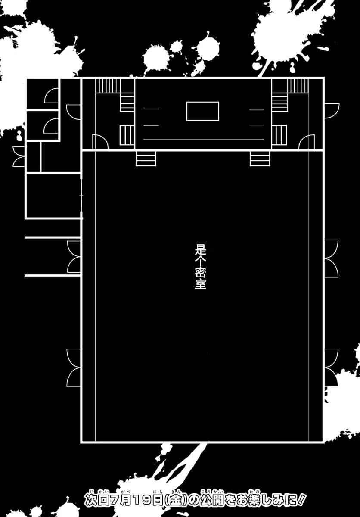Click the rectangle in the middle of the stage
coord(202,111)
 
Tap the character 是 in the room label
coord(200,249)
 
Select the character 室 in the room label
coord(200,284)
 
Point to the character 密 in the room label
coord(200,273)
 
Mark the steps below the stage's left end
coord(146,159)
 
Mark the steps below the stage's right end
coord(260,159)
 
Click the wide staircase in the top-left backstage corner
coord(108,86)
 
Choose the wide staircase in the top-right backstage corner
coord(297,86)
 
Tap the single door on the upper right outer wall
coord(332,111)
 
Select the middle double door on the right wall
coord(332,258)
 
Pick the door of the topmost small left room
coord(51,95)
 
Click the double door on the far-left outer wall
coord(19,156)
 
